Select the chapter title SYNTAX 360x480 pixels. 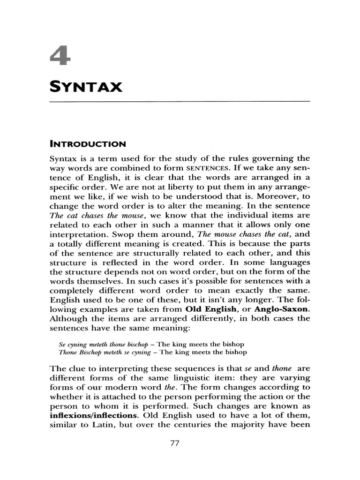pyautogui.click(x=86, y=87)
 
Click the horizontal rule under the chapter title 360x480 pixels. pyautogui.click(x=180, y=101)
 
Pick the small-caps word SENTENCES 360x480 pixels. pyautogui.click(x=207, y=168)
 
